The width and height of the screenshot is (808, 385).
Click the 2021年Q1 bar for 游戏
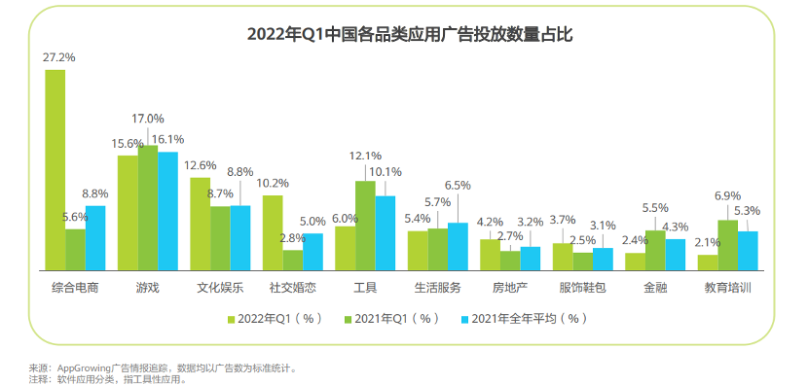147,207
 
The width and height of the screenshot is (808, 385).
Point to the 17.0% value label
148,119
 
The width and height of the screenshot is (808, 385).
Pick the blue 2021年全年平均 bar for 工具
386,232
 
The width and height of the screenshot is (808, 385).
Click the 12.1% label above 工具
365,156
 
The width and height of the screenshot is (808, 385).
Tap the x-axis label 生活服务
438,288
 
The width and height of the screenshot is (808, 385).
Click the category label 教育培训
728,288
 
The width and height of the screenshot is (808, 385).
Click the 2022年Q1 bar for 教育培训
708,262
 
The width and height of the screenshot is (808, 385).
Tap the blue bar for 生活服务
458,246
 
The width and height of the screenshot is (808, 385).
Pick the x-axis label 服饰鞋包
583,288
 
